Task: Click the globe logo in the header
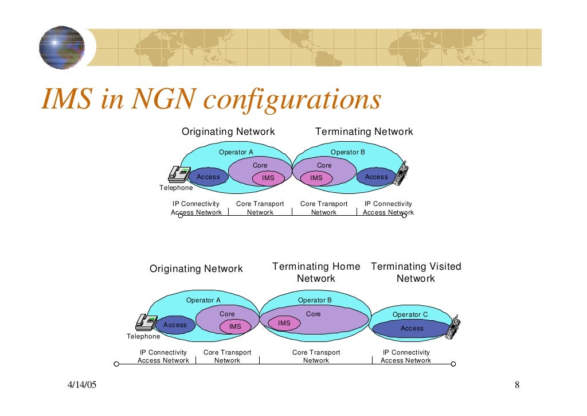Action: [x=62, y=48]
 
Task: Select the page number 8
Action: [x=516, y=385]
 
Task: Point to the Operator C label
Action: [x=410, y=314]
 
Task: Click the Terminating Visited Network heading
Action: [x=416, y=273]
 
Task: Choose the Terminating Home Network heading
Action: [x=316, y=273]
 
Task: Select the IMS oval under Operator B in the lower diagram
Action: [x=284, y=324]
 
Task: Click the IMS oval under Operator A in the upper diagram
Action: [x=268, y=178]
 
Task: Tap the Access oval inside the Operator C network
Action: [x=412, y=329]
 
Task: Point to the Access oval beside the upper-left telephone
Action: [x=208, y=177]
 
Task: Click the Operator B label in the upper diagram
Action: [x=347, y=152]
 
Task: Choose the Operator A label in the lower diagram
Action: [x=203, y=300]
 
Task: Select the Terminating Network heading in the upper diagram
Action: [x=364, y=132]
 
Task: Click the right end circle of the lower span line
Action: [x=453, y=363]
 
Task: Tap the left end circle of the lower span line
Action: [x=116, y=363]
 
